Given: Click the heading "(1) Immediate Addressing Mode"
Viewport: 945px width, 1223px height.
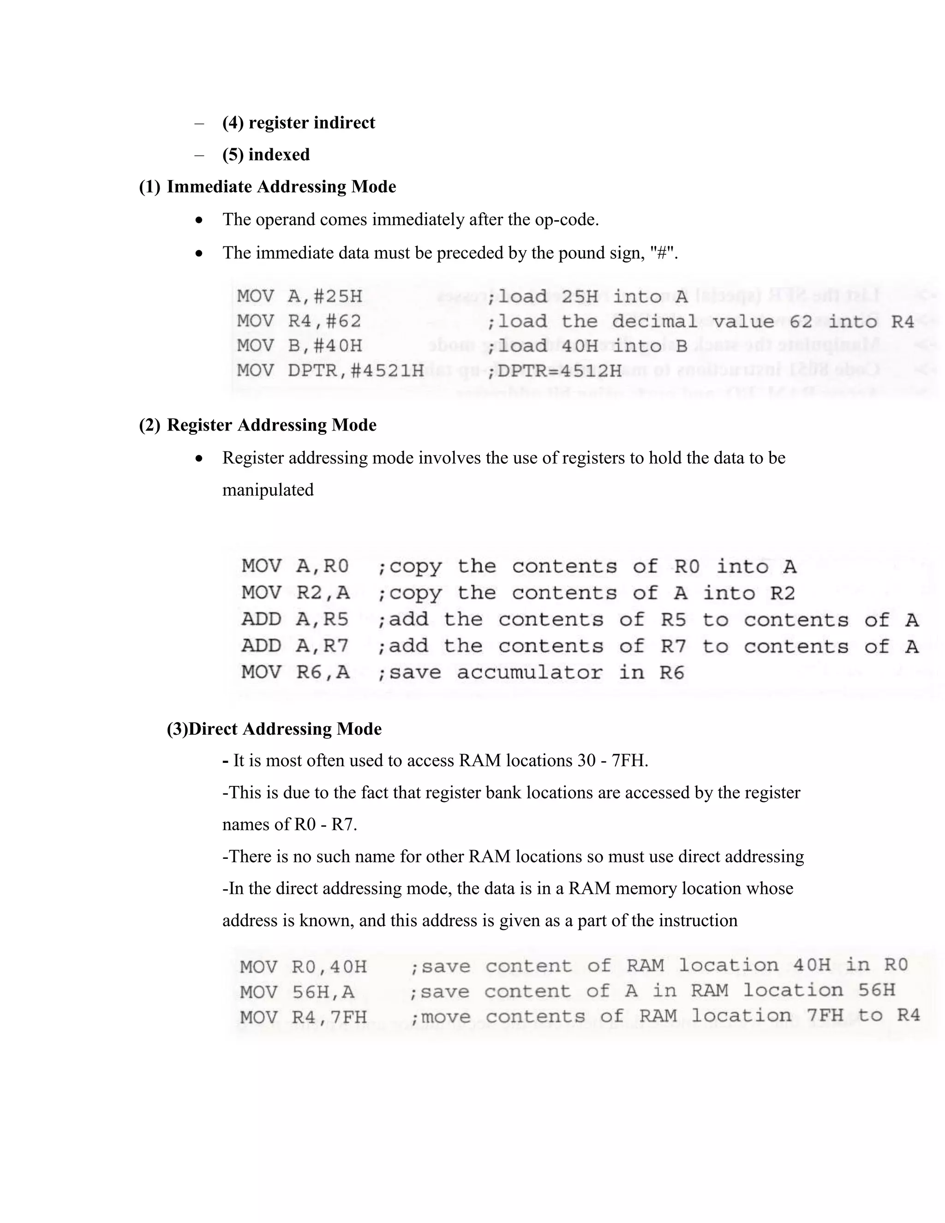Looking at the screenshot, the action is pyautogui.click(x=267, y=186).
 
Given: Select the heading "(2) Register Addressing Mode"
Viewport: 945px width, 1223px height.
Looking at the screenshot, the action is pyautogui.click(x=257, y=425).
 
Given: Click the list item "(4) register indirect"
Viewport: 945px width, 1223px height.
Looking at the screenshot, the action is pyautogui.click(x=299, y=123).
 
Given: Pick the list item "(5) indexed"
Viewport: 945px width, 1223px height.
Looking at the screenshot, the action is pyautogui.click(x=266, y=155).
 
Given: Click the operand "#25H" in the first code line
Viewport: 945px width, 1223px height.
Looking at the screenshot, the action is pyautogui.click(x=338, y=296).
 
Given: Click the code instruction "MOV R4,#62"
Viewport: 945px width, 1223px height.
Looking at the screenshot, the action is pyautogui.click(x=299, y=321).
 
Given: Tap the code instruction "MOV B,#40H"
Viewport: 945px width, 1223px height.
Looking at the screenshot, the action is pyautogui.click(x=299, y=346).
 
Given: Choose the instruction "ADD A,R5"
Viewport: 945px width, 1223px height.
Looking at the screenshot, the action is pyautogui.click(x=295, y=619).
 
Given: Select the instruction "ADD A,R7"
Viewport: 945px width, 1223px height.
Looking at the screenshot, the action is pyautogui.click(x=295, y=646).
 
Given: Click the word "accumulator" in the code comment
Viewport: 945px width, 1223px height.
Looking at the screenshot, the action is pyautogui.click(x=530, y=672).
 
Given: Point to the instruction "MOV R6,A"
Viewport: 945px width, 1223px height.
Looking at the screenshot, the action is pyautogui.click(x=295, y=672).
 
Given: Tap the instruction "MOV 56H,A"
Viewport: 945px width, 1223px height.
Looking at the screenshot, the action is pyautogui.click(x=297, y=992).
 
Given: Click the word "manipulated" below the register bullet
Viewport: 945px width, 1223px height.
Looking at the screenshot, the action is pyautogui.click(x=268, y=490).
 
